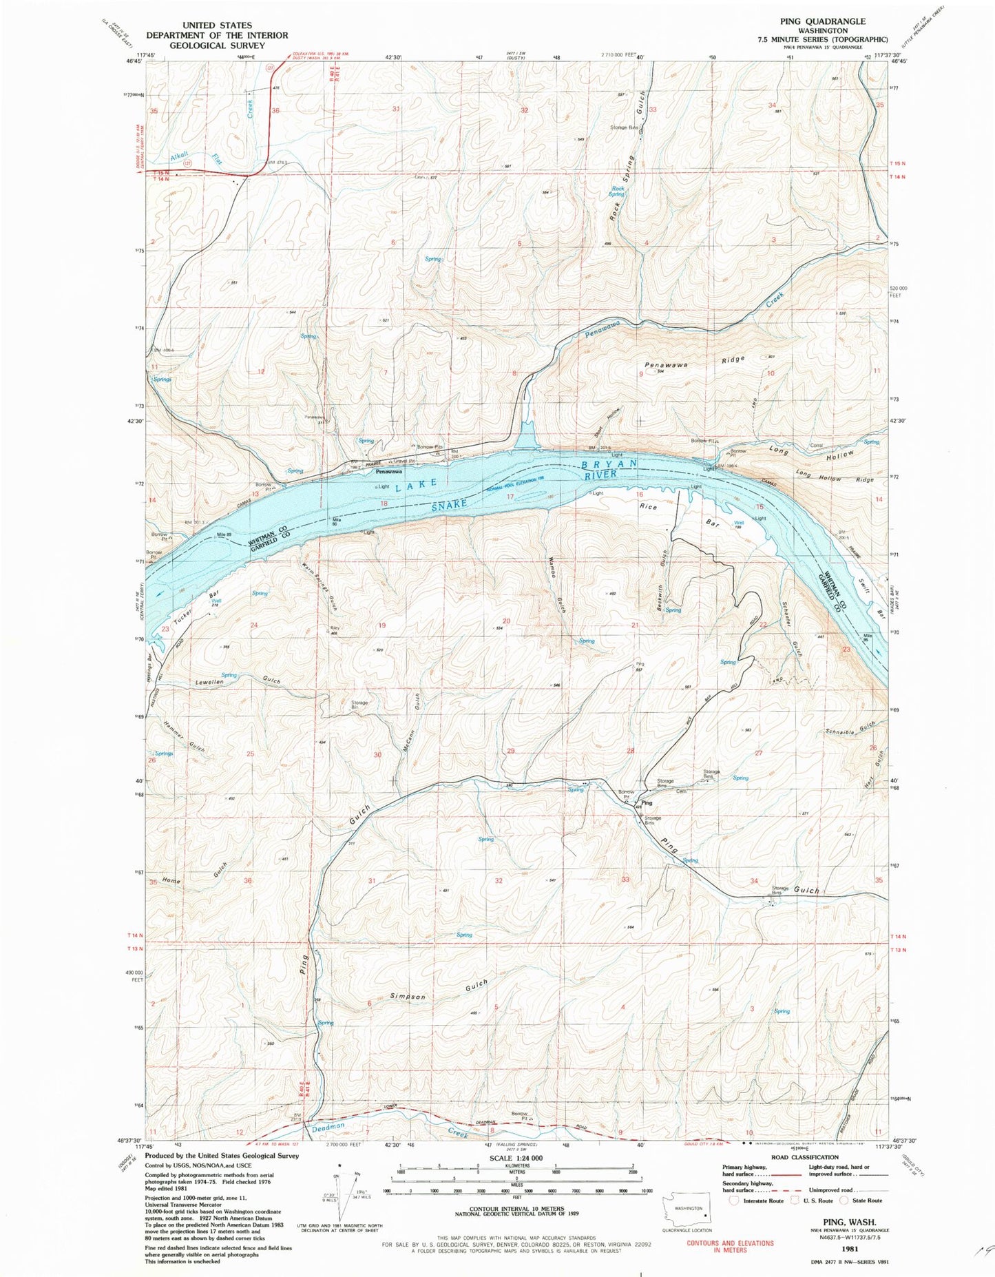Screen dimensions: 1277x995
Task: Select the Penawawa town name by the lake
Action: pyautogui.click(x=389, y=472)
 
